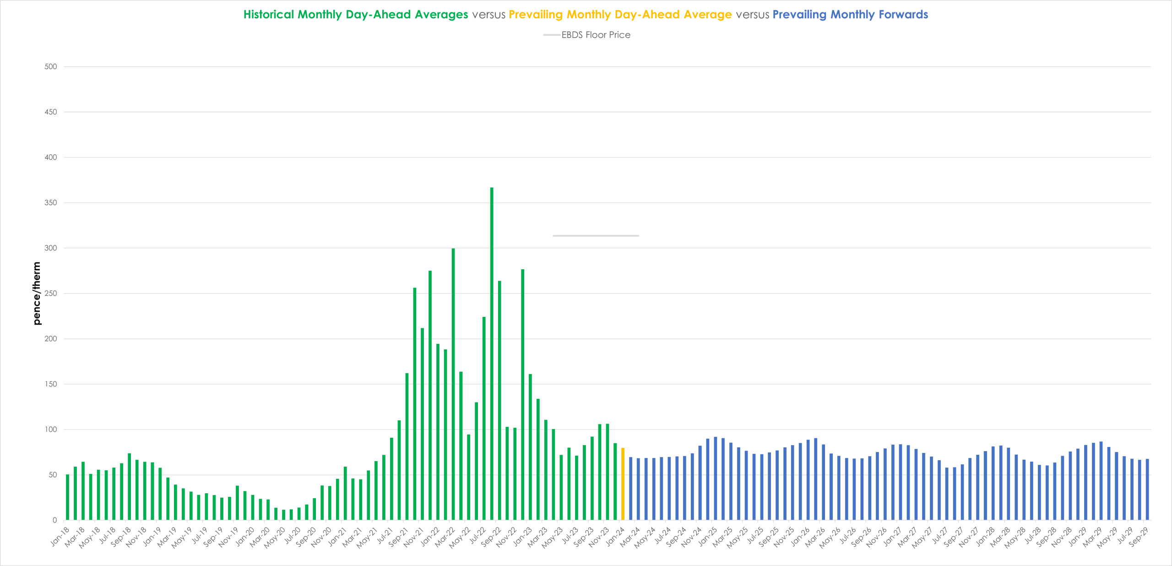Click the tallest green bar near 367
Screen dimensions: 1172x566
pos(492,354)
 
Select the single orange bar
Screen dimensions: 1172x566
pos(623,484)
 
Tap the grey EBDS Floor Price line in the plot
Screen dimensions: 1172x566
pos(596,236)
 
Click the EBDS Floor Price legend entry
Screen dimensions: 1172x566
pos(587,35)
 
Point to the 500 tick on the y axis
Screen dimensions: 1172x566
pos(51,67)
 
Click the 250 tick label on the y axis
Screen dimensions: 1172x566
pos(51,294)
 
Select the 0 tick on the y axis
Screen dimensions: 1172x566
pos(54,520)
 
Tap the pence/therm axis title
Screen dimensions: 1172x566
pos(37,294)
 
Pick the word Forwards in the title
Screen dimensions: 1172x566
pos(903,15)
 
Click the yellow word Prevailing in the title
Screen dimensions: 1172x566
pos(536,15)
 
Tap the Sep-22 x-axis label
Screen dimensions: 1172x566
pos(492,536)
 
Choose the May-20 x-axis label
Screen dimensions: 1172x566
pos(275,537)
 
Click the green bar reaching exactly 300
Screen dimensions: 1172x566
pos(453,384)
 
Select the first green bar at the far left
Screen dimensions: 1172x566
pos(68,497)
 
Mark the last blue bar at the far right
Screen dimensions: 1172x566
pos(1147,490)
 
